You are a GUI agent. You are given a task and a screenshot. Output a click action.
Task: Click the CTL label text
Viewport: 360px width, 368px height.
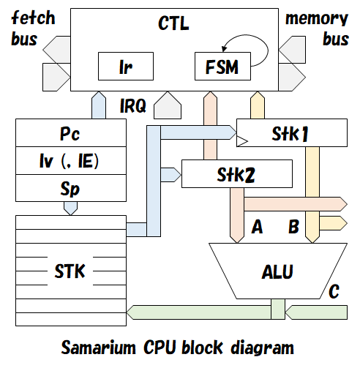tap(173, 23)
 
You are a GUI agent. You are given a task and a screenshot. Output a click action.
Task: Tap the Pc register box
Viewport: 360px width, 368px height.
tap(70, 135)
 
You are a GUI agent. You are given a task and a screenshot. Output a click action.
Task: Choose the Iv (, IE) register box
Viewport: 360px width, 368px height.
tap(70, 161)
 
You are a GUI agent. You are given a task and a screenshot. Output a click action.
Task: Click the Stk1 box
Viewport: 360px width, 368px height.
tap(291, 134)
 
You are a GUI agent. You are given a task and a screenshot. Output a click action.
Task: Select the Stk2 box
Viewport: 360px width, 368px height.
tap(236, 175)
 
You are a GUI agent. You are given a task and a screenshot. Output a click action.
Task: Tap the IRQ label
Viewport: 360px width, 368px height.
tap(132, 107)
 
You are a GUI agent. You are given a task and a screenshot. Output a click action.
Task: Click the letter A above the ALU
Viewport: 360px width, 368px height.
tap(257, 227)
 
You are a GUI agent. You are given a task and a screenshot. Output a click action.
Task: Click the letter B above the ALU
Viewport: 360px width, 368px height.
tap(293, 227)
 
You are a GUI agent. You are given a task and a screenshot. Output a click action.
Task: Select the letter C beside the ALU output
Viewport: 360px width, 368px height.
tap(334, 293)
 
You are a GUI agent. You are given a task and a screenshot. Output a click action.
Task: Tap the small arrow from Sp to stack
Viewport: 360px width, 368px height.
tap(70, 207)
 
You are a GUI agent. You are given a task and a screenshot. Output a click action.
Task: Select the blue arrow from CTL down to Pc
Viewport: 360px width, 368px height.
tap(98, 105)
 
